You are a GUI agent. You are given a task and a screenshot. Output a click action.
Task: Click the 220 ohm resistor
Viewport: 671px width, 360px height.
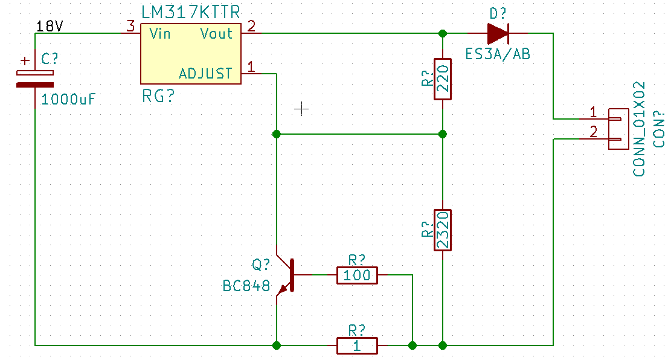tap(443, 79)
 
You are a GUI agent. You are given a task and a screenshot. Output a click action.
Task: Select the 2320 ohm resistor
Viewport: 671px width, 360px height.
tap(443, 230)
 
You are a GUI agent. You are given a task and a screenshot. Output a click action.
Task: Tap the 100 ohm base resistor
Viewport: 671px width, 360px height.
tap(357, 275)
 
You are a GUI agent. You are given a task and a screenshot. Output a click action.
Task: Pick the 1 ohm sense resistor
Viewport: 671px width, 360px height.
tap(357, 346)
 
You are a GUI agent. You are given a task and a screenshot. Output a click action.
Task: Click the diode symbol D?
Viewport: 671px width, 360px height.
tap(498, 33)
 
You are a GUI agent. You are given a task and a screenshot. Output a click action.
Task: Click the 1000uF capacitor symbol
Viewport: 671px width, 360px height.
tap(35, 79)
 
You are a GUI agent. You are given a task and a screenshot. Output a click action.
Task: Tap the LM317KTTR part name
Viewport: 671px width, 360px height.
tap(190, 12)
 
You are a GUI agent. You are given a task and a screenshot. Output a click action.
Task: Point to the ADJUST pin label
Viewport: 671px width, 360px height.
tap(205, 74)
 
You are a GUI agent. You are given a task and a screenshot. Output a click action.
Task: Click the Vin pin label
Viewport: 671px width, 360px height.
tap(160, 33)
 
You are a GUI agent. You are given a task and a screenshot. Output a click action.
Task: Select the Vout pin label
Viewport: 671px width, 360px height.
tap(217, 33)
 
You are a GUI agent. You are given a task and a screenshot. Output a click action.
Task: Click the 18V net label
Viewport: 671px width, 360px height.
tap(49, 27)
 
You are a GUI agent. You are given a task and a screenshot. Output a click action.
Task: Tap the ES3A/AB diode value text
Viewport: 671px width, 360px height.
tap(498, 54)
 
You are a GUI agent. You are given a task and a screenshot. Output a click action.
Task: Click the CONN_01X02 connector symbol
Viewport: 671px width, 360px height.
tap(618, 129)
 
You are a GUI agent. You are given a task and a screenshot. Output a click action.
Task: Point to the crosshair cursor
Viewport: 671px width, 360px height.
tap(301, 109)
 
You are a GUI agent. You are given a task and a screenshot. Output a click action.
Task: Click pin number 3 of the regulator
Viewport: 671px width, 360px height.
tap(130, 26)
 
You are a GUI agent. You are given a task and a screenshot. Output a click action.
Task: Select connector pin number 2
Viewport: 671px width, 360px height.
tap(593, 132)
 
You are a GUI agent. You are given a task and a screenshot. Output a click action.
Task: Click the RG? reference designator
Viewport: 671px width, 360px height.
tap(158, 96)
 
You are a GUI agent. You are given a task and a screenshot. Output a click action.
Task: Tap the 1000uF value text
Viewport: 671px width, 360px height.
tap(68, 99)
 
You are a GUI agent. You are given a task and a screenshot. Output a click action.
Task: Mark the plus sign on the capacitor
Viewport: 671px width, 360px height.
tap(26, 61)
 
